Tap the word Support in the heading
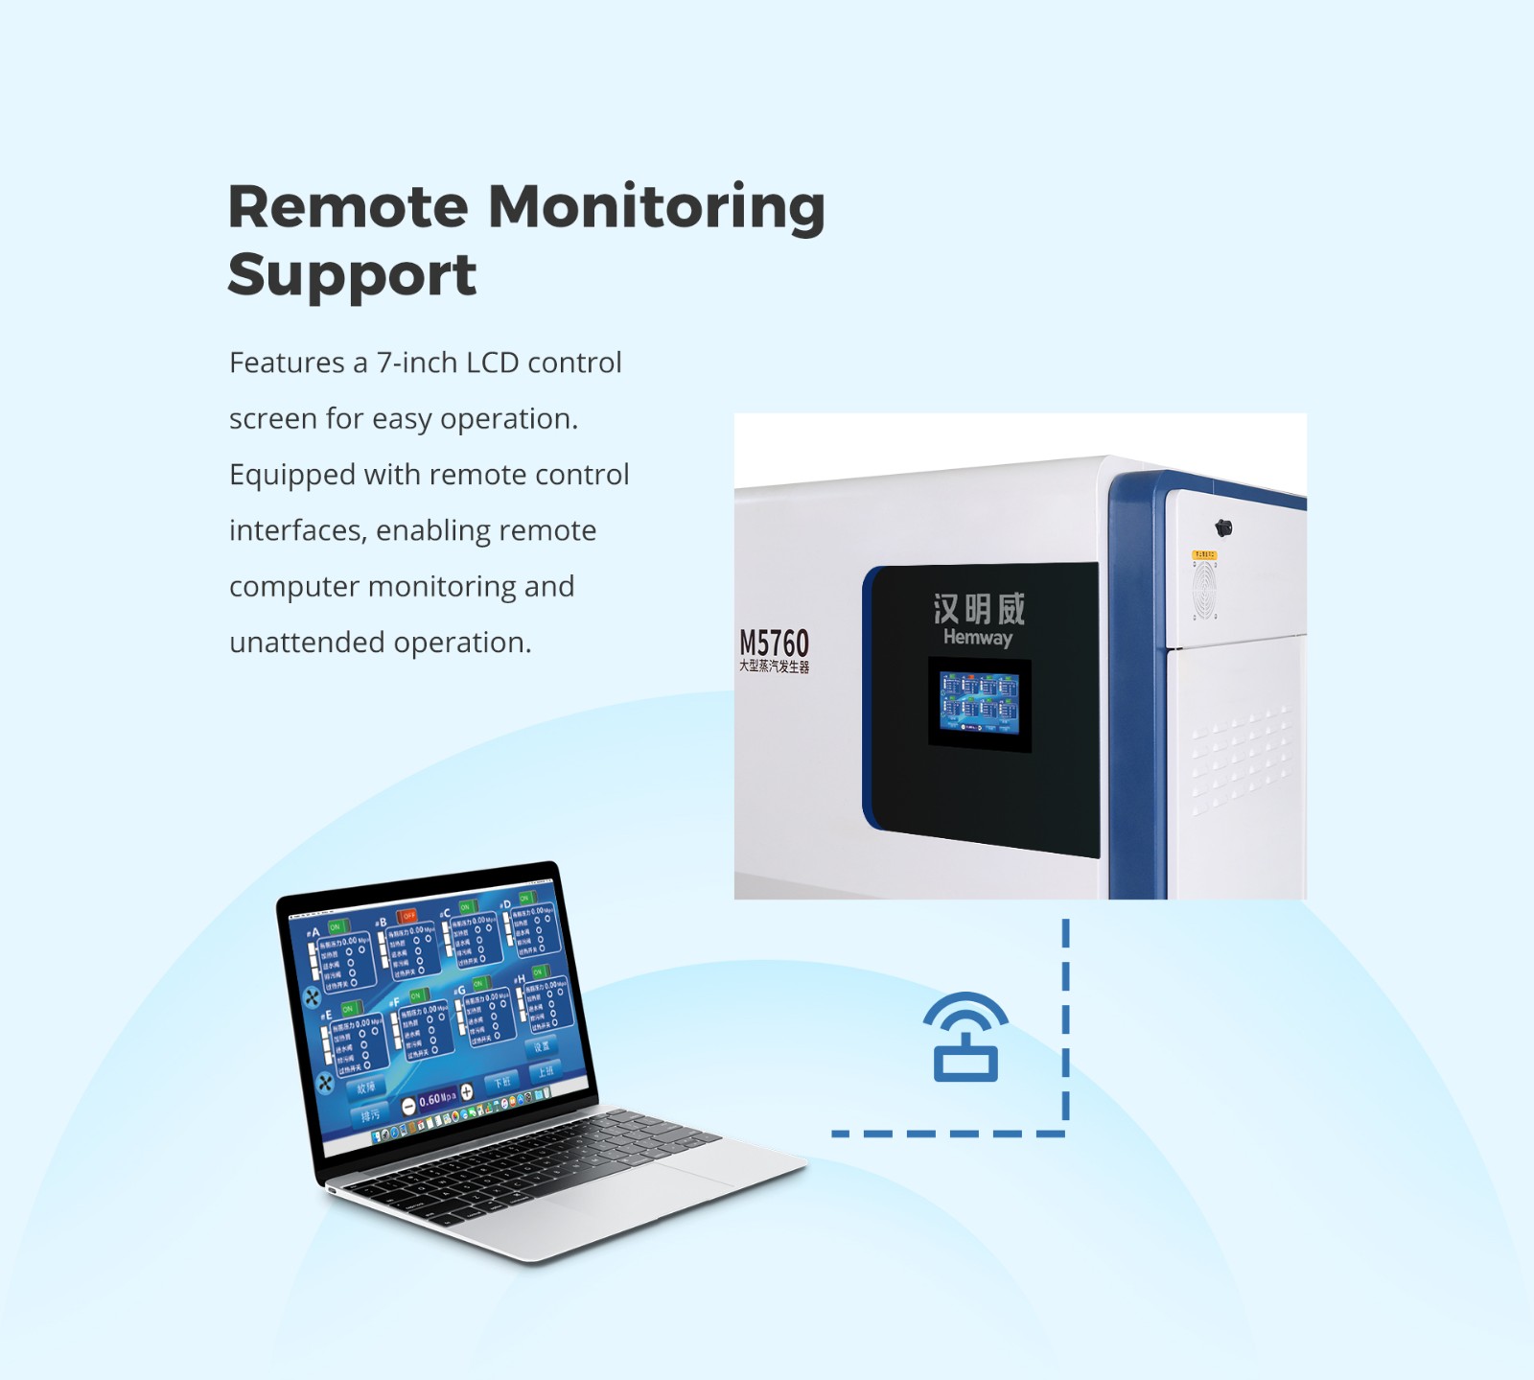coord(352,276)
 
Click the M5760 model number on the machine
coord(774,643)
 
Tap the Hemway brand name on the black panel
coord(977,637)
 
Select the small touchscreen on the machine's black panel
coord(979,703)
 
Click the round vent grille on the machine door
coord(1204,588)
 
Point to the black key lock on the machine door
coord(1223,527)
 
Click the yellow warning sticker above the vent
coord(1204,555)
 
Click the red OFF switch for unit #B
coord(408,916)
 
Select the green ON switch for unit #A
coord(335,926)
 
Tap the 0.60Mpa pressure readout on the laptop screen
coord(437,1099)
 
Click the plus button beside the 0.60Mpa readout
coord(467,1092)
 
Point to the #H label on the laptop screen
coord(520,979)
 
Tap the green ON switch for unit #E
coord(347,1009)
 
